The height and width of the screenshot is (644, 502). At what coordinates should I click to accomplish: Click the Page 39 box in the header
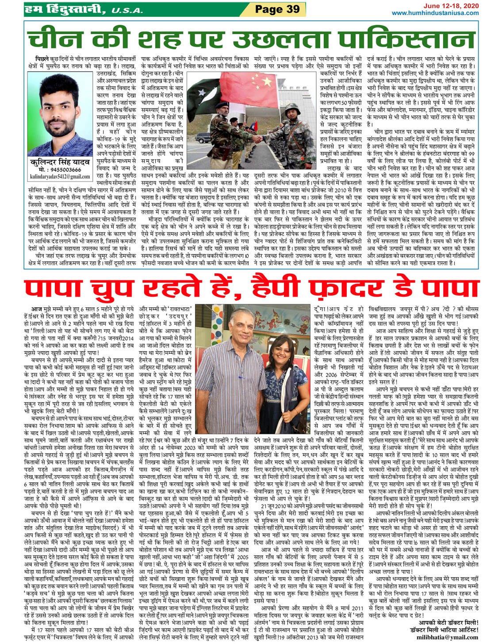pos(277,9)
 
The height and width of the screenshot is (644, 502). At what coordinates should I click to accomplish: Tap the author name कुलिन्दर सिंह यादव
pos(60,163)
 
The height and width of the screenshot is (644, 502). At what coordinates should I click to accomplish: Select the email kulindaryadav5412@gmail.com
pos(60,176)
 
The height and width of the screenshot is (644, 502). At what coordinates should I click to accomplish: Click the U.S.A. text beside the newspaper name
pos(127,10)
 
